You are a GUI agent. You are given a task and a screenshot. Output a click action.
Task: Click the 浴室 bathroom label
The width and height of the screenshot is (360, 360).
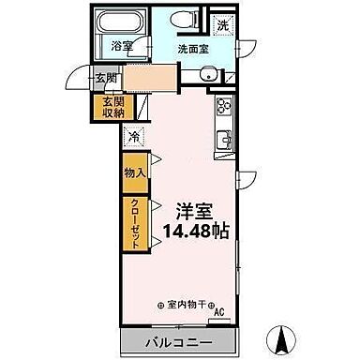click(122, 45)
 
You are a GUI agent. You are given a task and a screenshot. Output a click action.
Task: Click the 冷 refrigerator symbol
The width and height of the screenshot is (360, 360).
click(134, 136)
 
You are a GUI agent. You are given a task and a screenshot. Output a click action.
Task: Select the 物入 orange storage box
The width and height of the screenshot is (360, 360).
click(134, 172)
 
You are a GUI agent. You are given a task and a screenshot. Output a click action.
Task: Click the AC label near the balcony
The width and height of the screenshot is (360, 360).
click(220, 313)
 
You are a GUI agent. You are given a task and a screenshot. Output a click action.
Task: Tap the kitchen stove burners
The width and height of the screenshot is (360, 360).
click(224, 105)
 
